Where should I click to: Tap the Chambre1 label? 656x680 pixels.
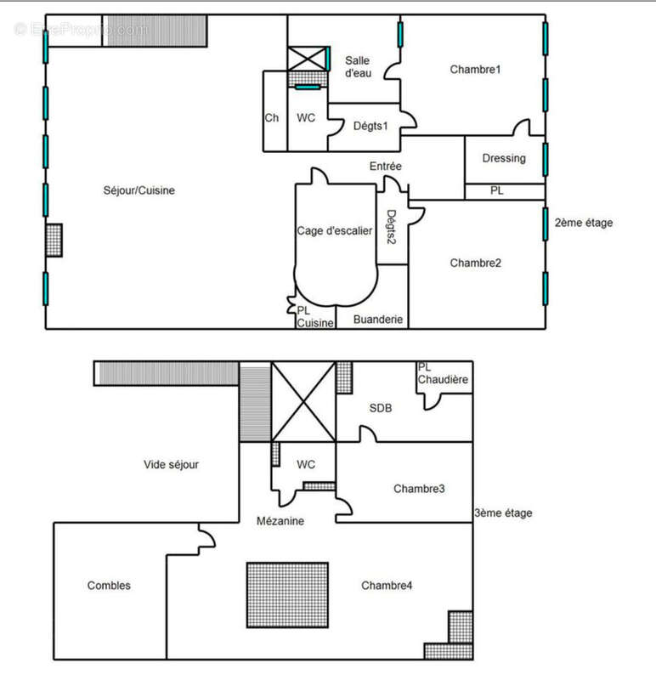coord(475,70)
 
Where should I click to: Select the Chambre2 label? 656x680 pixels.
coord(475,263)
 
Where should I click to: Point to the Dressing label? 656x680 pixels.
coord(504,158)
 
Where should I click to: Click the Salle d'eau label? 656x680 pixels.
coord(358,66)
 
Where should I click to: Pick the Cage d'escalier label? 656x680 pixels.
coord(334,231)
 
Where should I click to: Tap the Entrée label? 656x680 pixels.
coord(385,167)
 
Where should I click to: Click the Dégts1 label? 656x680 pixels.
coord(370,126)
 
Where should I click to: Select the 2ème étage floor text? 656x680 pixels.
coord(583,223)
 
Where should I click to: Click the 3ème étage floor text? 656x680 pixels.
coord(504,513)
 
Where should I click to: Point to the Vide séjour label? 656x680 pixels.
coord(171,464)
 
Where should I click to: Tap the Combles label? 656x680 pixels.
coord(109,586)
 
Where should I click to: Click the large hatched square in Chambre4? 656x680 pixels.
coord(287,595)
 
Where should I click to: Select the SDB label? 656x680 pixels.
coord(381,408)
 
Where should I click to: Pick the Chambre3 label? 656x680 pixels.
coord(420,489)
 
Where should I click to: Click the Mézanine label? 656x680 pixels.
coord(280,520)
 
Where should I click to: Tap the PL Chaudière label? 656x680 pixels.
coord(444,373)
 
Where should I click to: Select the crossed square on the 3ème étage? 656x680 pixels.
coord(303,401)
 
